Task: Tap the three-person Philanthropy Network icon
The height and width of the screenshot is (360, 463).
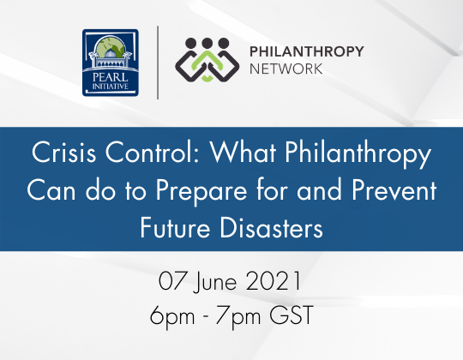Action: [x=206, y=64]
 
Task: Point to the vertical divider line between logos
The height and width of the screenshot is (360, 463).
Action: [x=159, y=63]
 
